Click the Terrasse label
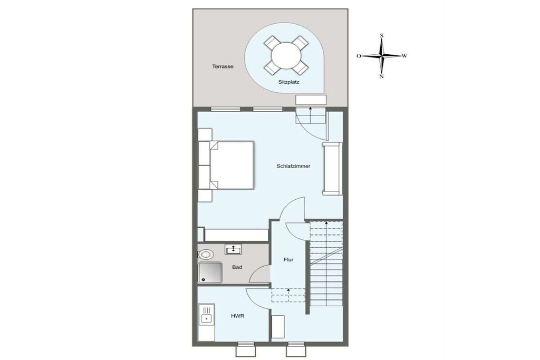223,66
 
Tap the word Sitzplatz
288,82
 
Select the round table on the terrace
285,55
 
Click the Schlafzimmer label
293,166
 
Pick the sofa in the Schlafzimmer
332,168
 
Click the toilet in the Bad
206,255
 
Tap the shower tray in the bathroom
210,273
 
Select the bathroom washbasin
233,248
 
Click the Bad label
237,267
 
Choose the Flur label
288,259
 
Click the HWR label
238,316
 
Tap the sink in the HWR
206,319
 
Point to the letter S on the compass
382,36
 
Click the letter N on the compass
381,76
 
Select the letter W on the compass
404,55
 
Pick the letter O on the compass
359,56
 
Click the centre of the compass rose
382,55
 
